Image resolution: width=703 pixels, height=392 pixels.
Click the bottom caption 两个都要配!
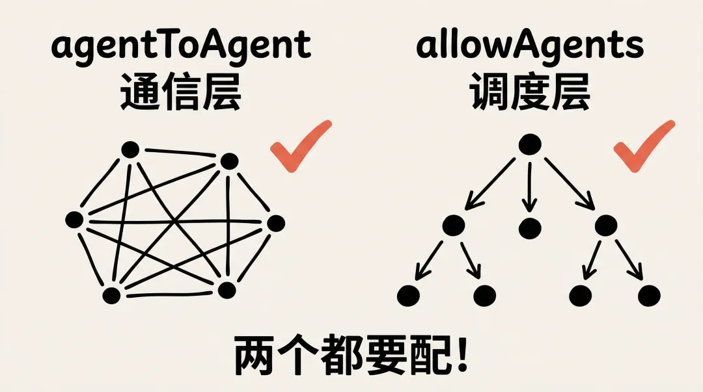point(351,356)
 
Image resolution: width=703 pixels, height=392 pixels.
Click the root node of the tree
point(530,144)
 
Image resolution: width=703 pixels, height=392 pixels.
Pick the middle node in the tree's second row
point(530,228)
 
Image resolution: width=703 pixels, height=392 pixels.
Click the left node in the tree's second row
point(454,226)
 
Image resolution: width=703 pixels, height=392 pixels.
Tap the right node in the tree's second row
point(606,226)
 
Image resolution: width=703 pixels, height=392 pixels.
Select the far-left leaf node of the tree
point(408,296)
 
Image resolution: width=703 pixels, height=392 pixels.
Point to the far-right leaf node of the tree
point(649,296)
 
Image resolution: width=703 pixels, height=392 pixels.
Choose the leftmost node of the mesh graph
point(74,220)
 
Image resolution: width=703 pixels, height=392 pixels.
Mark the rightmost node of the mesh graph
point(276,224)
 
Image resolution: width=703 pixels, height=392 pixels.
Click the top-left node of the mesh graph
point(130,150)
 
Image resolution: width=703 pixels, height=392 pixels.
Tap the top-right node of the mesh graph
point(229,161)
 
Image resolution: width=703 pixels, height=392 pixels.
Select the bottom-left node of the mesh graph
point(112,294)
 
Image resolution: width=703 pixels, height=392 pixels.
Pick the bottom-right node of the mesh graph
point(226,289)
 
